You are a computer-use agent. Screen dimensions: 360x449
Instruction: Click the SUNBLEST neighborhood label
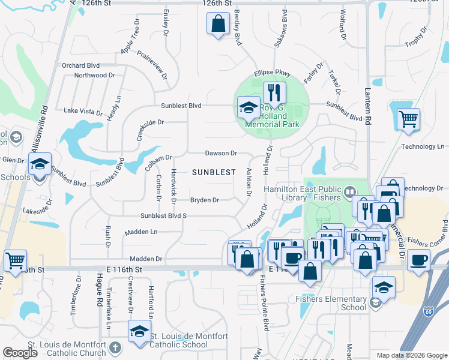coord(214,172)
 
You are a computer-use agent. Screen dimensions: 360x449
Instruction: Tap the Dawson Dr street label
coord(221,154)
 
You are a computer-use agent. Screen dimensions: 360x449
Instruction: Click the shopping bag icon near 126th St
coord(218,24)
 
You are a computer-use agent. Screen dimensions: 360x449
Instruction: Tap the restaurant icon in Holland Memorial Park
coord(274,93)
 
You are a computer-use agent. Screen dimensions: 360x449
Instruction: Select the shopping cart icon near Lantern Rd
coord(408,119)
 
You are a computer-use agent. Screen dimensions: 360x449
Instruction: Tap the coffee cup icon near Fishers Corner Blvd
coord(418,260)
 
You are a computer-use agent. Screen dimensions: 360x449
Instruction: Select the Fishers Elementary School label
coord(335,303)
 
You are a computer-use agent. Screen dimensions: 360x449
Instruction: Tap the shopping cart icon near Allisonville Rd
coord(15,261)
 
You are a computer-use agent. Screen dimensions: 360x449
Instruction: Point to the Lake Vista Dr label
coord(83,112)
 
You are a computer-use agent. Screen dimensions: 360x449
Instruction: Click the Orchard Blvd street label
coord(80,65)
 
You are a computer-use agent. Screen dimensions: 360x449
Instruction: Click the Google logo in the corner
coord(20,353)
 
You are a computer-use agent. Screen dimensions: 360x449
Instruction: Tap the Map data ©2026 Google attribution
coord(411,355)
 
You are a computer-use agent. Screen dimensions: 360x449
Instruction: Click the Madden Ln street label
coord(141,232)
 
